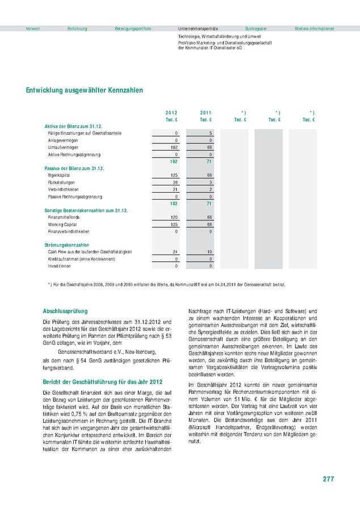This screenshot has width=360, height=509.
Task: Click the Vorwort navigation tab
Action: [x=33, y=28]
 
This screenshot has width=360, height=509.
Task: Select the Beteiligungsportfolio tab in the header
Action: [x=133, y=28]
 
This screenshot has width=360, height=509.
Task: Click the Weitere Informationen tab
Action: [x=314, y=28]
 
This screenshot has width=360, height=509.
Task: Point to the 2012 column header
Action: [x=171, y=113]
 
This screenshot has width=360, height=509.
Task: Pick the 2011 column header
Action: [x=206, y=113]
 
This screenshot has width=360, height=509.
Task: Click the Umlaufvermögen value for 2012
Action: [x=174, y=147]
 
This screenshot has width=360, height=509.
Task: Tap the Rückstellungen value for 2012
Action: [x=175, y=182]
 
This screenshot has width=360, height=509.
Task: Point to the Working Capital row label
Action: [x=63, y=224]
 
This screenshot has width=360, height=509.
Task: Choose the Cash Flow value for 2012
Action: [x=175, y=252]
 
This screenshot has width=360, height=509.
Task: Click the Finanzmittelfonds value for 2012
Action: [x=174, y=217]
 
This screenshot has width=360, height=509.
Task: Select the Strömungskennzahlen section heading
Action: [x=67, y=245]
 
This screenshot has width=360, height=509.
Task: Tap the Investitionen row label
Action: [x=60, y=265]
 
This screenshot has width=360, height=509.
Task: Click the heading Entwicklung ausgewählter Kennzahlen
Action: [x=84, y=90]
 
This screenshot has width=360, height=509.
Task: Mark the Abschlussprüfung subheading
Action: [x=65, y=311]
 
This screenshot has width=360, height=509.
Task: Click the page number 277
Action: [x=328, y=479]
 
